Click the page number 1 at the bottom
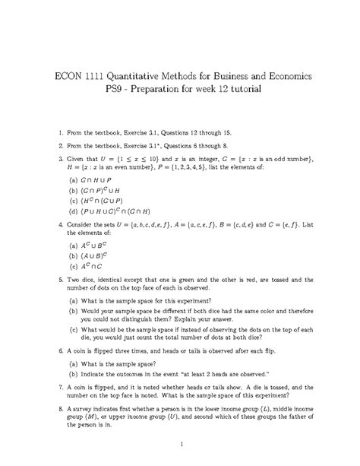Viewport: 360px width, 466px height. [x=179, y=443]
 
